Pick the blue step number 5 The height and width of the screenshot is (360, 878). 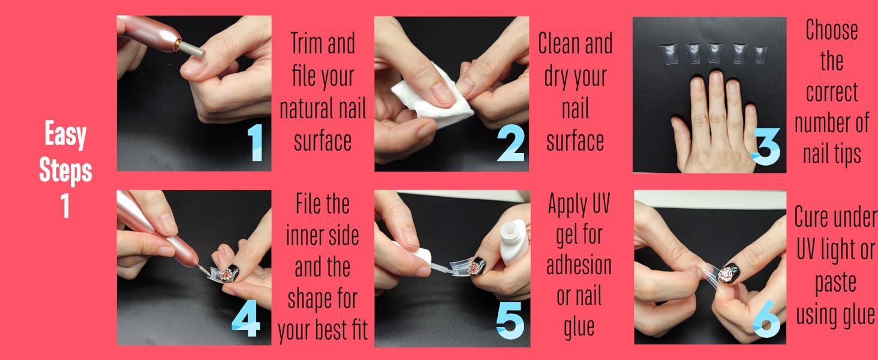(x=510, y=320)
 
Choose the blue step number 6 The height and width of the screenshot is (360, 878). (x=766, y=320)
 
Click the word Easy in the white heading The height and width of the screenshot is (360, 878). (x=65, y=135)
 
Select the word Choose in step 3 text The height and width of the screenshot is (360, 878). (x=831, y=30)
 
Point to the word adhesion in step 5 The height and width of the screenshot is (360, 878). (x=579, y=265)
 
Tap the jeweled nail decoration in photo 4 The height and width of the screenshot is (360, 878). (x=230, y=275)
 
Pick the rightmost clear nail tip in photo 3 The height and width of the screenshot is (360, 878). (x=760, y=54)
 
